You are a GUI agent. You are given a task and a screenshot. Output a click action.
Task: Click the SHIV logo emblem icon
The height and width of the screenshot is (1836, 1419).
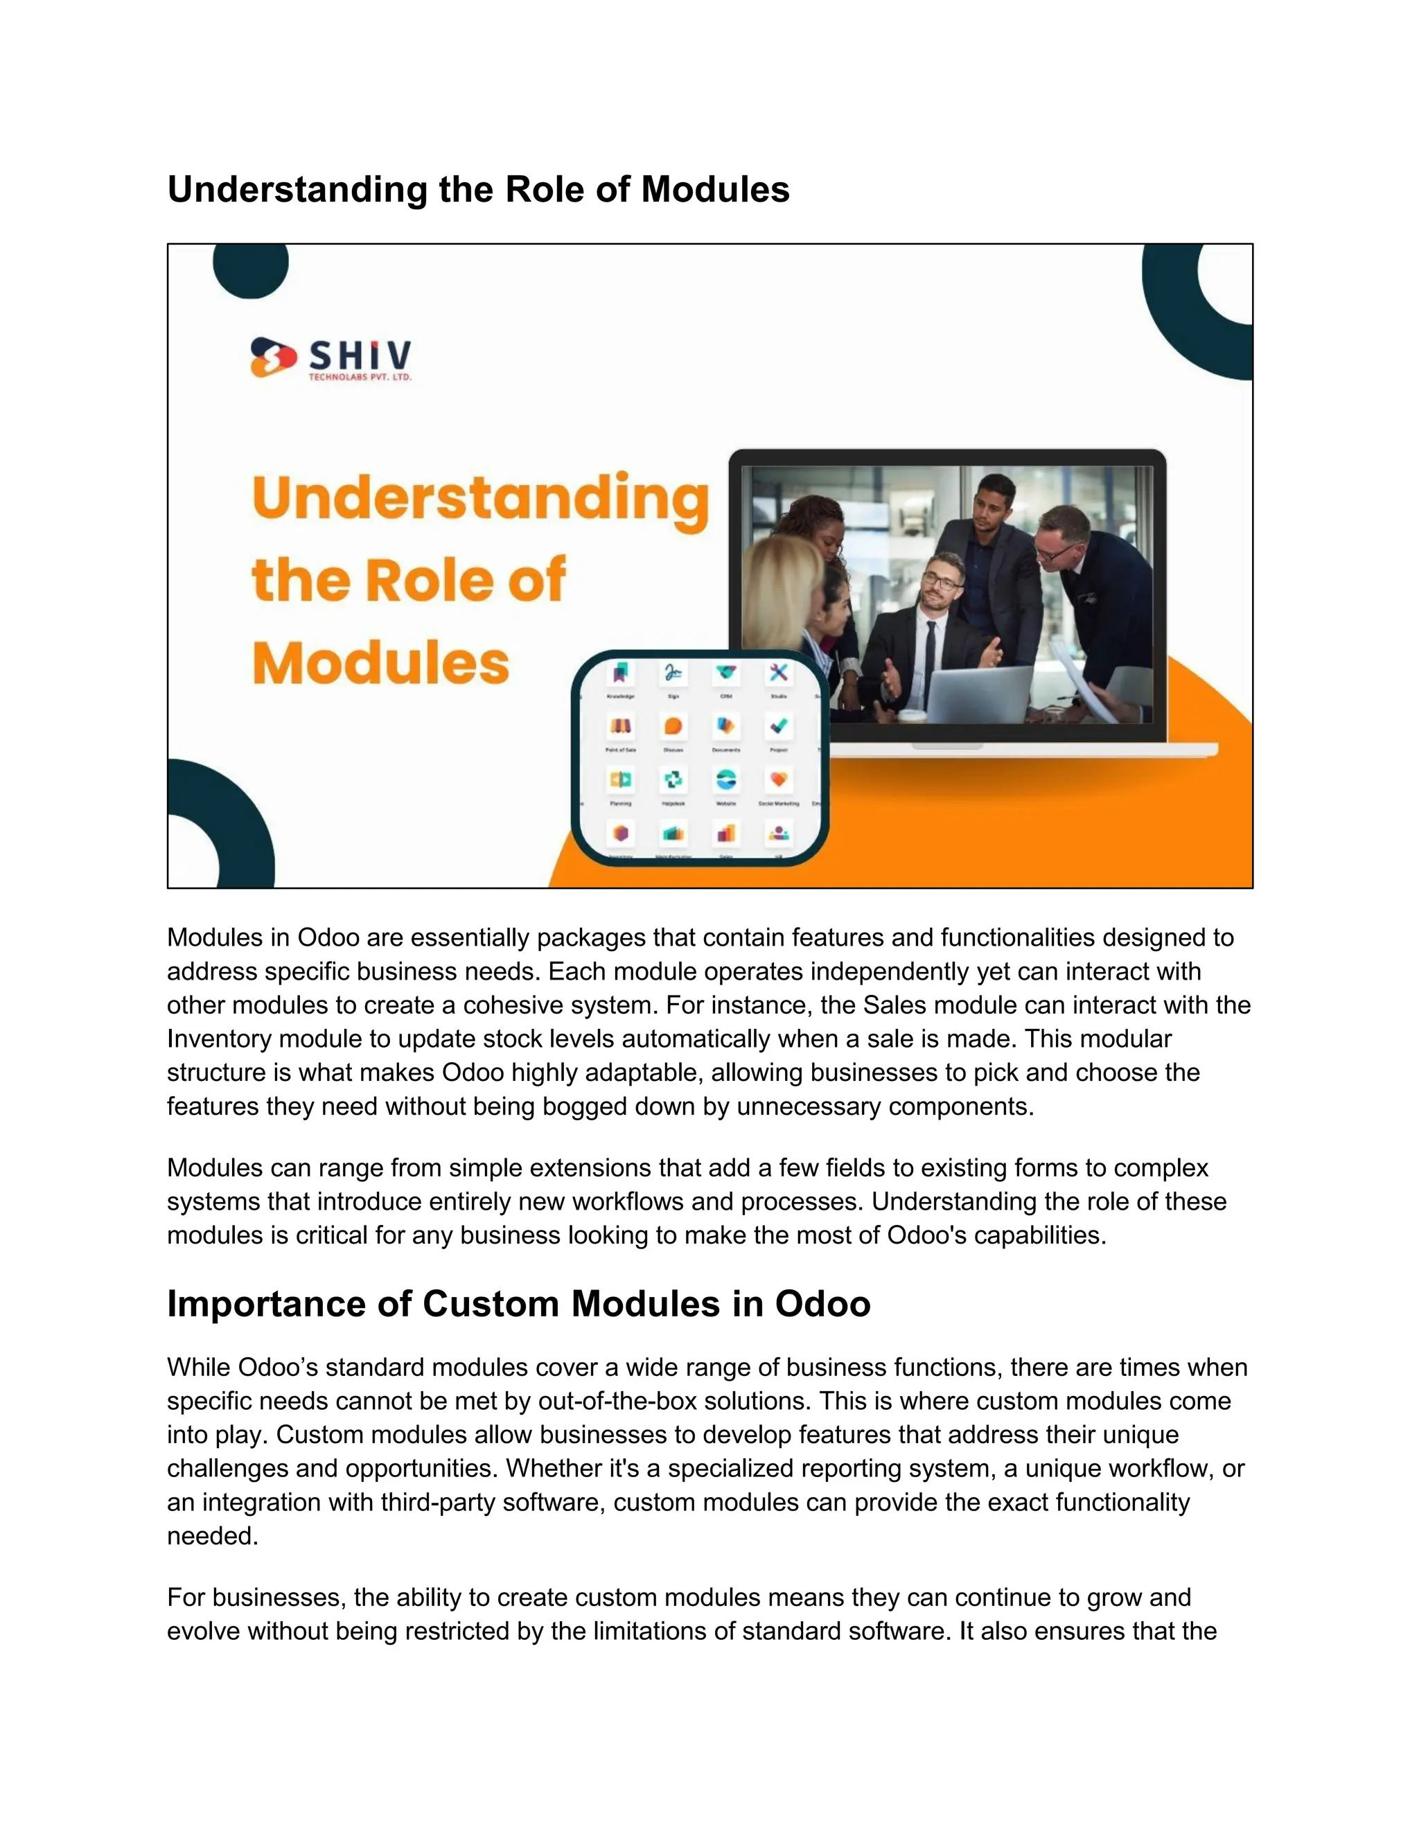pos(273,358)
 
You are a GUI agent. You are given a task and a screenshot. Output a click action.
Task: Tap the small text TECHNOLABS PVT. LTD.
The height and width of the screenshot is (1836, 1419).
pos(360,378)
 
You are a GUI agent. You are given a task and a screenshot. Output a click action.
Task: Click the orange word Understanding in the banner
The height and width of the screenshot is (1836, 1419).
pos(480,500)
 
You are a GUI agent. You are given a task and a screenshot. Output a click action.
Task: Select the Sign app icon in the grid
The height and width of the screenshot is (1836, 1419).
pos(673,673)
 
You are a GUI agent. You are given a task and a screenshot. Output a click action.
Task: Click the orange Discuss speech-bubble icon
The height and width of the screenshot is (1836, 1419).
pos(673,726)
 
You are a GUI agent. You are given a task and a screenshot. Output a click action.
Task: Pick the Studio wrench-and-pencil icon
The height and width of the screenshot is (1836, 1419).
pos(778,673)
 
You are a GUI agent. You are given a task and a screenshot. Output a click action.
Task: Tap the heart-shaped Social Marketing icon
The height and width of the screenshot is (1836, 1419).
pos(778,780)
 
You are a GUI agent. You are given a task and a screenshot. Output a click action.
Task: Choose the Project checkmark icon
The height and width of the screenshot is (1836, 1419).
pos(778,726)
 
